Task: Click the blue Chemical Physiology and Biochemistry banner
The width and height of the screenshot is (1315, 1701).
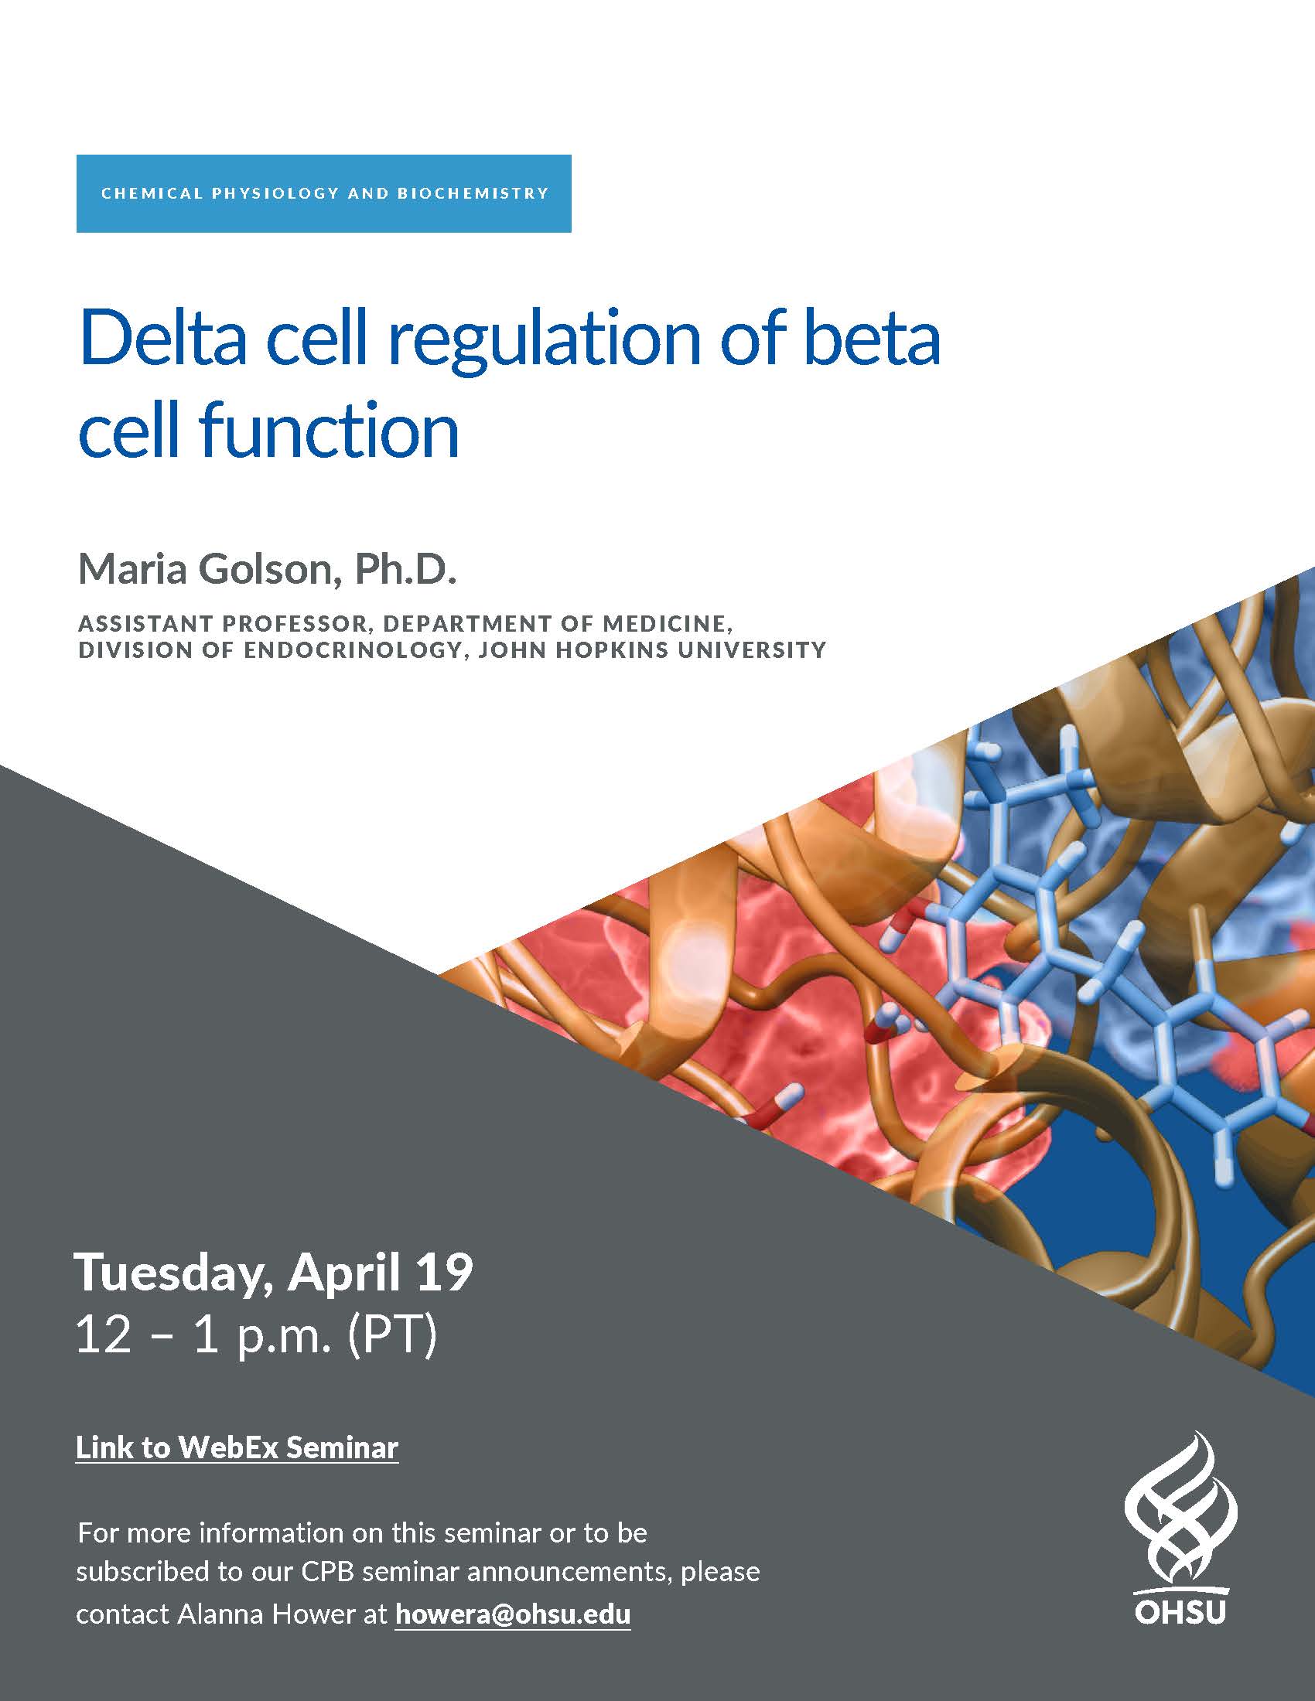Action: tap(323, 193)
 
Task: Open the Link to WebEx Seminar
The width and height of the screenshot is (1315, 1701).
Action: tap(237, 1447)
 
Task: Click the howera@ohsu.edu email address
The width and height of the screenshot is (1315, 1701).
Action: tap(513, 1614)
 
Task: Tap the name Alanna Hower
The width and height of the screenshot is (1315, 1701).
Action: tap(266, 1614)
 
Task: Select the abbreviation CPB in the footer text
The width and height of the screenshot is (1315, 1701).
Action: tap(327, 1571)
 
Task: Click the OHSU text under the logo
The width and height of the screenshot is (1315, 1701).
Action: tap(1180, 1611)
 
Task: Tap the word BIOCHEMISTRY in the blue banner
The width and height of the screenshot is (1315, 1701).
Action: tap(473, 193)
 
